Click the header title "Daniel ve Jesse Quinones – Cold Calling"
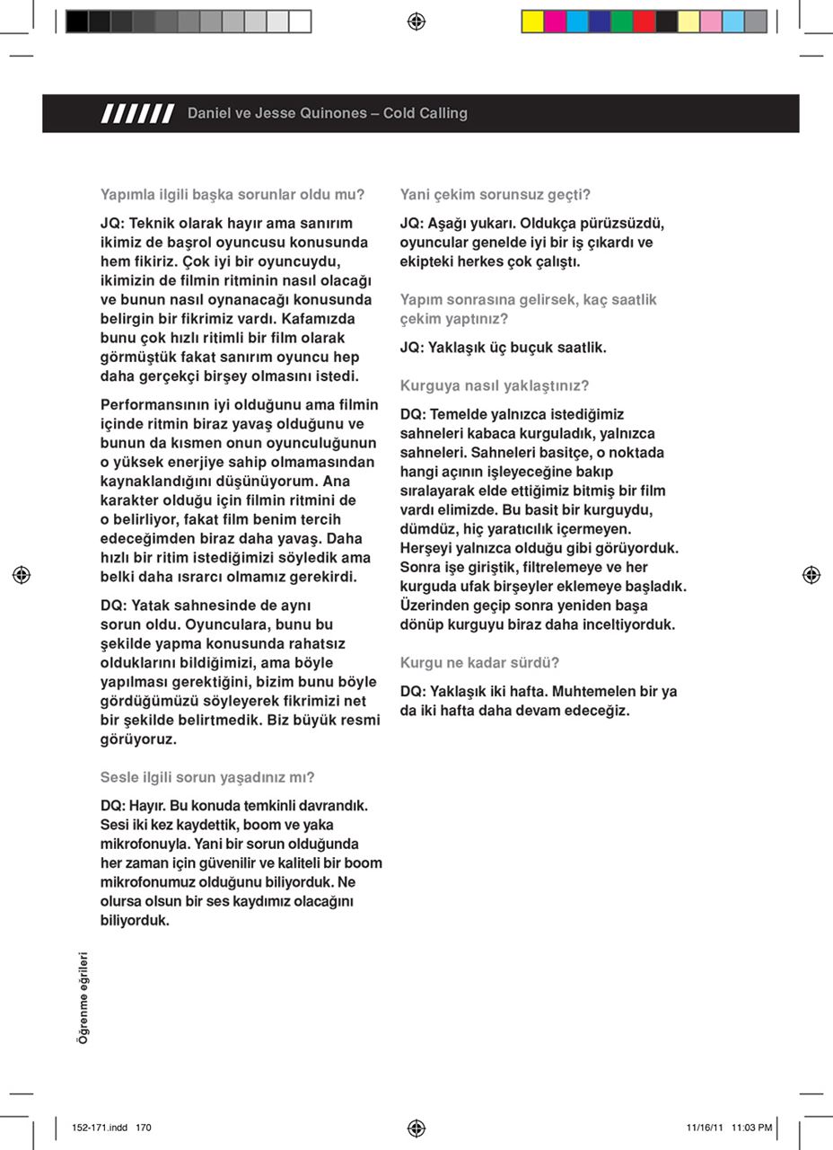tap(327, 113)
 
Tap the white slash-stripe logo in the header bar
tap(138, 113)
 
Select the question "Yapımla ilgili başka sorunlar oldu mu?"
tap(232, 194)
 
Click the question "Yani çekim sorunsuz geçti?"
tap(495, 194)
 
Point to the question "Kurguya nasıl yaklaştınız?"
tap(495, 385)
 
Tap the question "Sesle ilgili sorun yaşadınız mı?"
tap(207, 777)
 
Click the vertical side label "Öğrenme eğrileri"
tap(83, 997)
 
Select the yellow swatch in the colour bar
tap(533, 22)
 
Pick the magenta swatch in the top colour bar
tap(556, 22)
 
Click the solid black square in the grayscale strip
tap(77, 22)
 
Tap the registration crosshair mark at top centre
tap(416, 22)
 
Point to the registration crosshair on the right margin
tap(811, 575)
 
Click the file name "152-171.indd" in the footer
tap(100, 1128)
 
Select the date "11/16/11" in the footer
tap(705, 1128)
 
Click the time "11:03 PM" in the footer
tap(751, 1128)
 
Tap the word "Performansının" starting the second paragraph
tap(148, 405)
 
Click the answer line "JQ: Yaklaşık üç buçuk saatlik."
tap(503, 348)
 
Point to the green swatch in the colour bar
tap(622, 22)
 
